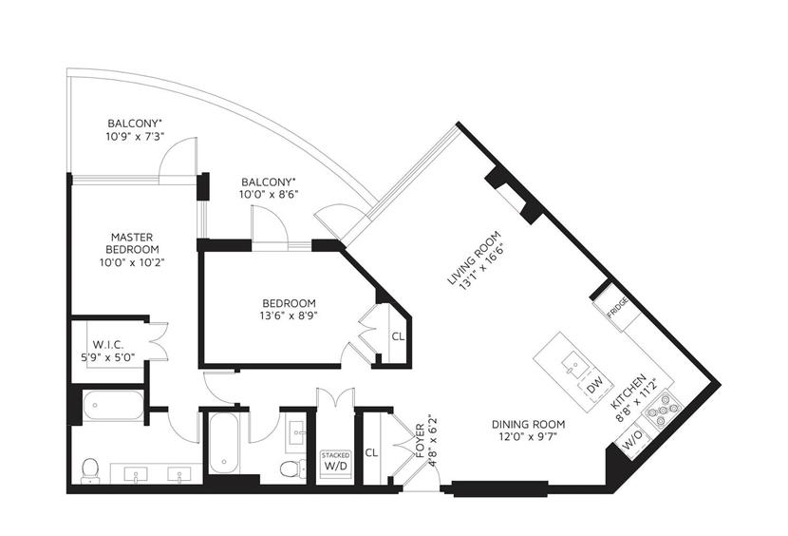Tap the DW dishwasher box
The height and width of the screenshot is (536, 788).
click(594, 387)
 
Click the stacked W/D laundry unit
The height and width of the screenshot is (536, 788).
click(335, 462)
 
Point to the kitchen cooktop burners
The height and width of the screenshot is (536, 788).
click(663, 408)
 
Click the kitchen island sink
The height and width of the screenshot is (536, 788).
click(572, 364)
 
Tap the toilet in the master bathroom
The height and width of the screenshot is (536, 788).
click(89, 470)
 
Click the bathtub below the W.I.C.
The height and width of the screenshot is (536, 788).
click(113, 405)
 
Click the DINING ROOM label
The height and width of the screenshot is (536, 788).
click(528, 424)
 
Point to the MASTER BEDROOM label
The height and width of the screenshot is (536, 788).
click(132, 243)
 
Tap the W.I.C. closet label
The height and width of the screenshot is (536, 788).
click(107, 345)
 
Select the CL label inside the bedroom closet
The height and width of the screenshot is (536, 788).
click(398, 336)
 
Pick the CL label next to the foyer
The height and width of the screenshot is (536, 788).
click(371, 453)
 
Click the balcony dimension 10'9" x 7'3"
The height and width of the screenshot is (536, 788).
click(135, 137)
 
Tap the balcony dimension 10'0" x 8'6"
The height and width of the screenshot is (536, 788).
click(269, 195)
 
